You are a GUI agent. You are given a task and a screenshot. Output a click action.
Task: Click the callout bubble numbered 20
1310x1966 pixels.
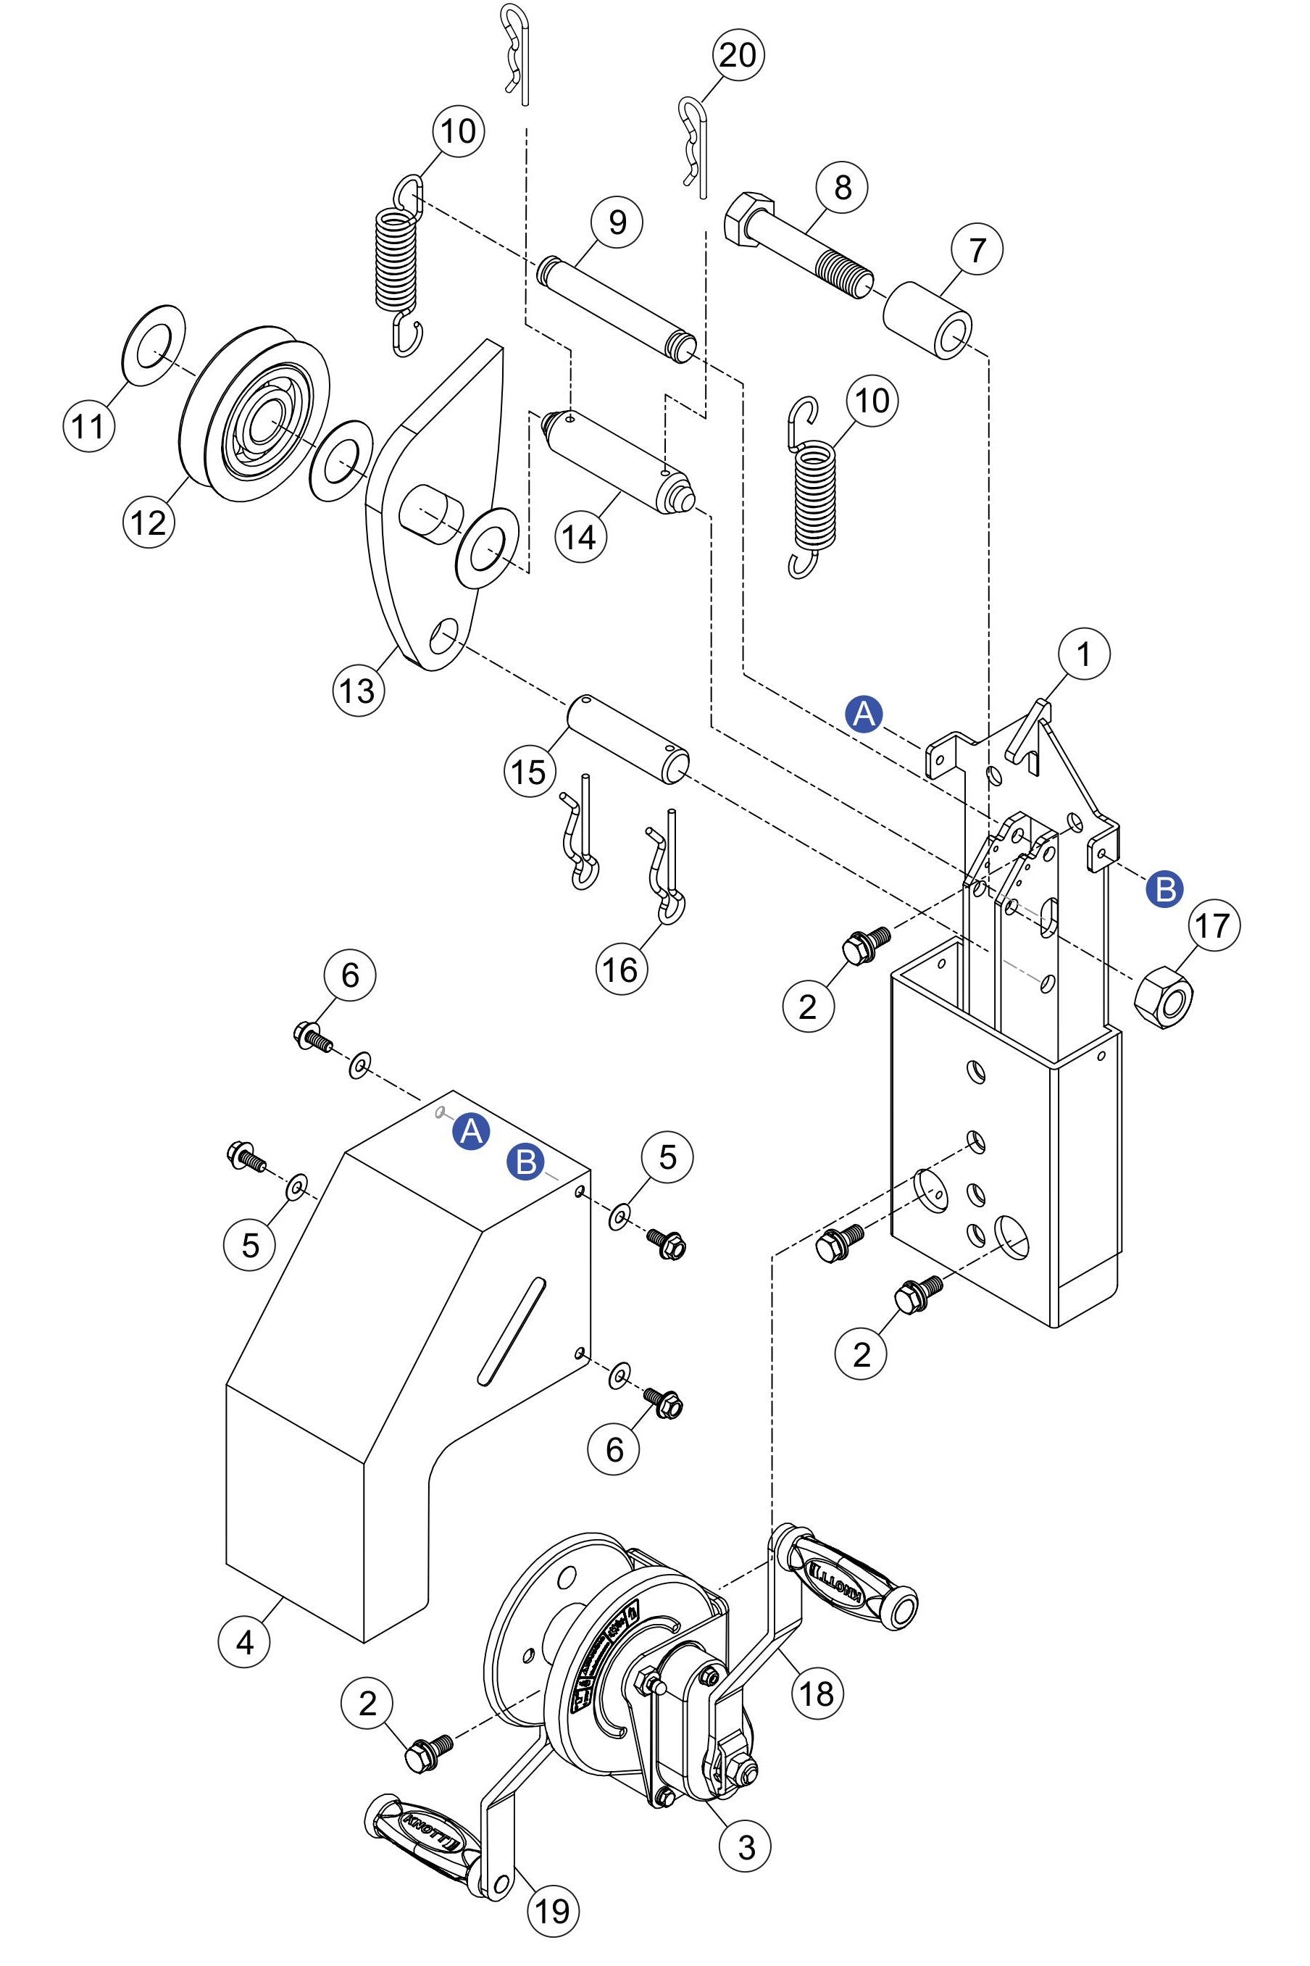[738, 55]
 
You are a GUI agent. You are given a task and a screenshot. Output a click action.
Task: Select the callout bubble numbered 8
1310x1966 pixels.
[842, 187]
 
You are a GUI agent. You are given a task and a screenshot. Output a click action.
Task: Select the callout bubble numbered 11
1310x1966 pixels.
[88, 426]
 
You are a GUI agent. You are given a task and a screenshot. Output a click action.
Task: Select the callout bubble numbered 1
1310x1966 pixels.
[1084, 654]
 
